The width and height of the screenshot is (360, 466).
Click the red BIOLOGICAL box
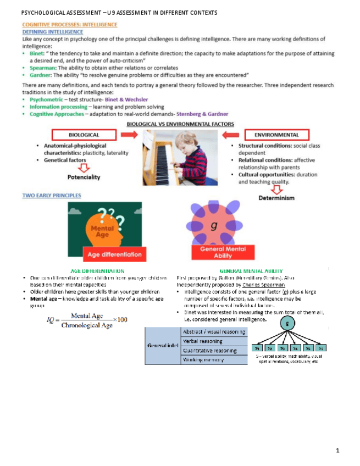(84, 134)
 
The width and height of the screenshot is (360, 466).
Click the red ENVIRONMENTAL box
(276, 134)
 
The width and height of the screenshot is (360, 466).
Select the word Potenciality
(84, 177)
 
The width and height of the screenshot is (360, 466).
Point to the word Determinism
(276, 198)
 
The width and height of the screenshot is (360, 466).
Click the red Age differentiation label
(115, 254)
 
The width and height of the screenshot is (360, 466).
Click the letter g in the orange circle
(213, 226)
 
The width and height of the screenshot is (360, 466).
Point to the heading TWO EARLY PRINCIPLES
(51, 195)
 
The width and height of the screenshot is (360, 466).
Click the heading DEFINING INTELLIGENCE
(53, 32)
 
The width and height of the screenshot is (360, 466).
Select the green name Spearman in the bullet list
(41, 68)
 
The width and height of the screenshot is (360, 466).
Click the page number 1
(338, 451)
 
